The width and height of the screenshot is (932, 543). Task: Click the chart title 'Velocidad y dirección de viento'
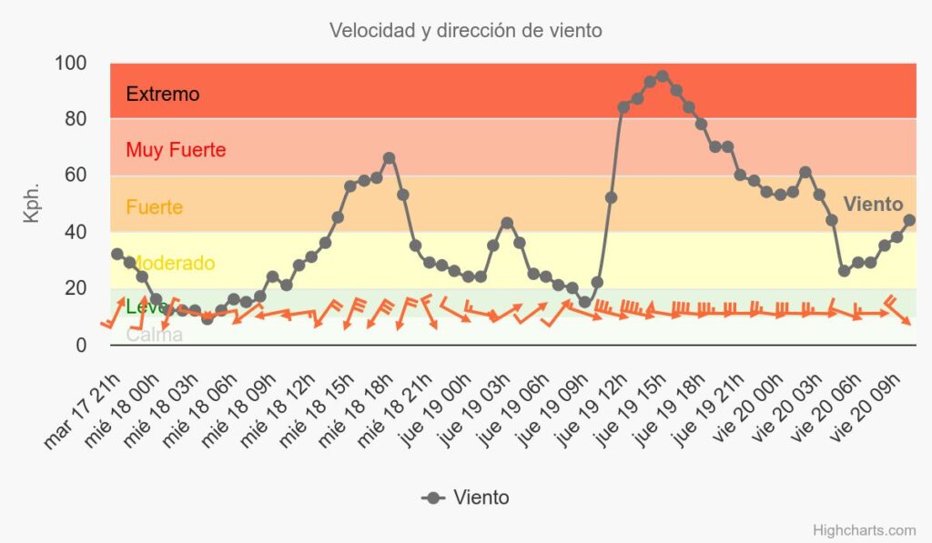point(465,30)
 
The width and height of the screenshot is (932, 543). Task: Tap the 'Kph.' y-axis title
point(32,204)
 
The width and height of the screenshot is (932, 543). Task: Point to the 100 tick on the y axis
point(70,64)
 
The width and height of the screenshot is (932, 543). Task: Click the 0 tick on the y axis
point(81,345)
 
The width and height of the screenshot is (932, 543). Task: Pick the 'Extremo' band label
point(162,94)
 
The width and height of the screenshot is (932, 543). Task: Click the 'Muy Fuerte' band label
point(176,150)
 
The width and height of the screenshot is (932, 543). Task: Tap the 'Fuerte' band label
point(154,206)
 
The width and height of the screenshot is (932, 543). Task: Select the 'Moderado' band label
point(171,264)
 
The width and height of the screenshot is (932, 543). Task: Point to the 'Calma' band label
point(154,335)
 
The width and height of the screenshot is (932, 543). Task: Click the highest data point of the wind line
point(663,76)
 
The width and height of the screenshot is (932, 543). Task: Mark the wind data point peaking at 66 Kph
point(390,158)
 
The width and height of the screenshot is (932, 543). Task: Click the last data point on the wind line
point(909,220)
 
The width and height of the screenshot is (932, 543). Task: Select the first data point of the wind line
point(116,254)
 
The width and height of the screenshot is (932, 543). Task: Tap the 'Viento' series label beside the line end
point(873,205)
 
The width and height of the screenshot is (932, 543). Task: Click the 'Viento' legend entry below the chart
point(466,498)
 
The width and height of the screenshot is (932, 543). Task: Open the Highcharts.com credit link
point(865,530)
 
